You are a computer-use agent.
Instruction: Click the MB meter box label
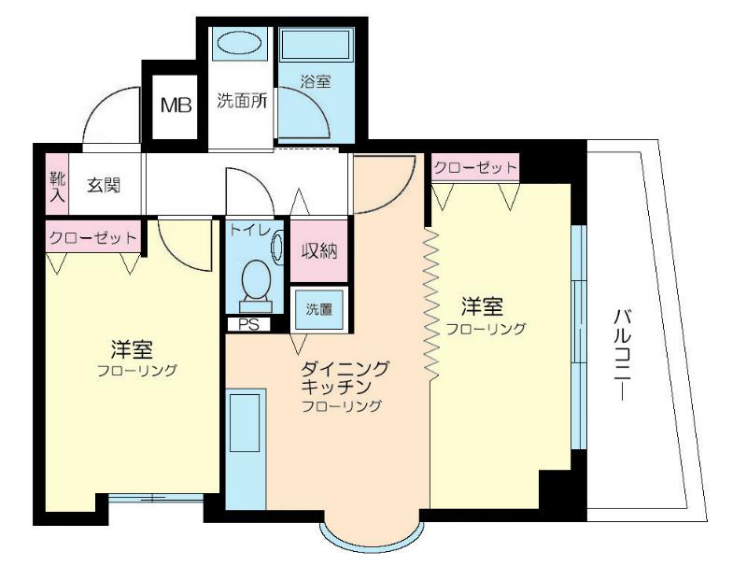tap(176, 105)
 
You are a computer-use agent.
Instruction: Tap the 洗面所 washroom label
tap(242, 101)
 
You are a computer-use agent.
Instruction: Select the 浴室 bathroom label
tap(316, 82)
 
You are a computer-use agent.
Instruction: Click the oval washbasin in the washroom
tap(240, 43)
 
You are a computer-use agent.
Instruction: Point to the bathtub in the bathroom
tap(317, 43)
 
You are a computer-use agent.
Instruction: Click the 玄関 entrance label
tap(104, 185)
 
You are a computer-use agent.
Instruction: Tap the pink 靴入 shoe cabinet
tap(57, 184)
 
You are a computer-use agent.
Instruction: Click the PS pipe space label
tap(248, 324)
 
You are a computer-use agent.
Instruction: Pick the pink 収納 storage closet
tap(318, 251)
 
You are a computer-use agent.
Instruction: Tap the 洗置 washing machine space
tap(319, 310)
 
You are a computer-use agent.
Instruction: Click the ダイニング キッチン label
tap(345, 377)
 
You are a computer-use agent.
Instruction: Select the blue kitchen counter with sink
tap(246, 449)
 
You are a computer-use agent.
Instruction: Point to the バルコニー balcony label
tap(621, 355)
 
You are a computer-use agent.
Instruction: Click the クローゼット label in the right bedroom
tap(475, 168)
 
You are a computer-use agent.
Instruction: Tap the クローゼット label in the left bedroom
tap(92, 237)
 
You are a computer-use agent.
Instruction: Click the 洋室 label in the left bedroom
tap(132, 349)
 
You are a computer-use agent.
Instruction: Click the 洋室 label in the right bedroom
tap(482, 307)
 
